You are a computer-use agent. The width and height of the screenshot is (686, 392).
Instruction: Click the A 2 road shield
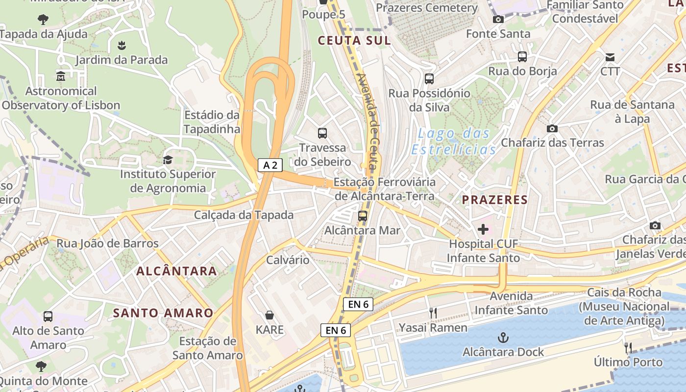click(270, 165)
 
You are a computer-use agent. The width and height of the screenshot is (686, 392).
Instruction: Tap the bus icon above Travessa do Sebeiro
click(322, 133)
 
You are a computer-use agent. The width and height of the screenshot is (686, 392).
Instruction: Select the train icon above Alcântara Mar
click(363, 216)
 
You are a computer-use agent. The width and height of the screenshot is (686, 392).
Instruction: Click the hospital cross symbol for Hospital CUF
click(483, 229)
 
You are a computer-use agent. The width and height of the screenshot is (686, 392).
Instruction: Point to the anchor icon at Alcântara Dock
click(503, 338)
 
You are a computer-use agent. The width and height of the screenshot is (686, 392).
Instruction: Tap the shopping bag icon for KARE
click(269, 315)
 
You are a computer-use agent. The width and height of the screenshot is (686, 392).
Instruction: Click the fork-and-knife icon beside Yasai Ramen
click(433, 313)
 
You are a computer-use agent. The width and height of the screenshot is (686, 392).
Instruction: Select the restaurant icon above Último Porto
click(628, 348)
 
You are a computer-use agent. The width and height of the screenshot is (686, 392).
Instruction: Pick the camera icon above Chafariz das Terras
click(552, 128)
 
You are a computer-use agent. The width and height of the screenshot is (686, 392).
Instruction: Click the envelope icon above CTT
click(610, 57)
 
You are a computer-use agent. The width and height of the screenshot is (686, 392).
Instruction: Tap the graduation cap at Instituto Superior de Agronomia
click(168, 160)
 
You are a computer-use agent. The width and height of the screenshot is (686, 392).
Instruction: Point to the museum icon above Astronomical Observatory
click(61, 76)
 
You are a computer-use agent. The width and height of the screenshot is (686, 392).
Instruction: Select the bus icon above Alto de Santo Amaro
click(48, 316)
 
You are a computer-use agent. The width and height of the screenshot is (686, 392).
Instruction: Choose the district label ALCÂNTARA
click(176, 270)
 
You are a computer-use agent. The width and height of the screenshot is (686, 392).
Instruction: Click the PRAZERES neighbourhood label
click(495, 199)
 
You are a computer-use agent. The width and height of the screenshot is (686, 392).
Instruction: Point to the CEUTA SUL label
click(354, 41)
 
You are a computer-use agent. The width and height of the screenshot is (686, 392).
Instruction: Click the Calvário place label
click(288, 260)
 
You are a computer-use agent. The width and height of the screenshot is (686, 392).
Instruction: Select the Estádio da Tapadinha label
click(212, 122)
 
